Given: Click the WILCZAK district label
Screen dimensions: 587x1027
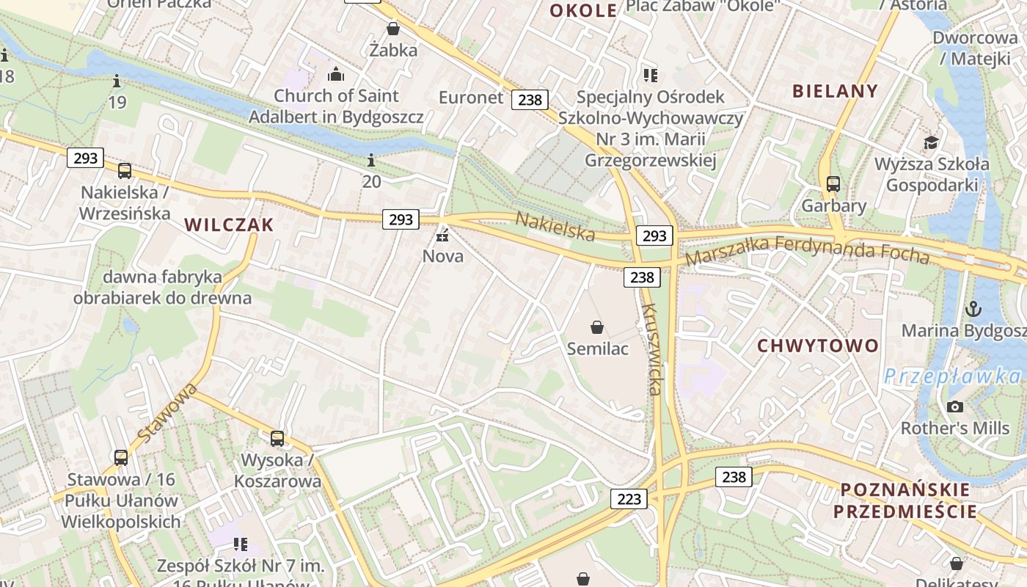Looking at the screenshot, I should [229, 225].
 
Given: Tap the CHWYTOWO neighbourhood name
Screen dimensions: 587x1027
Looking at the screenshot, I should [817, 346].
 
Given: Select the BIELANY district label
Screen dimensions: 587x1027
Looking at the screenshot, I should [835, 91].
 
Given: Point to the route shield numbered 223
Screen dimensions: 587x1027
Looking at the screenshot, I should [629, 499].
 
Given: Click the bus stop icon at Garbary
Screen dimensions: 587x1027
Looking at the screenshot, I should [833, 183].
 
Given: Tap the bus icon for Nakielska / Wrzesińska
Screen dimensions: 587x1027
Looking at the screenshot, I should [125, 171].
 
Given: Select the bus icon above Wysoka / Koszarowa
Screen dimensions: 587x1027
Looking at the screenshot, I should [277, 439].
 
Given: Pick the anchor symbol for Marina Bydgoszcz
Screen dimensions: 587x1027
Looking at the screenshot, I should [973, 308].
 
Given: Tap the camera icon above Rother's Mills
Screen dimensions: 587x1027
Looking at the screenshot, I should [954, 406].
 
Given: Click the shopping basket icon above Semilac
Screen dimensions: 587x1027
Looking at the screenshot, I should [597, 327].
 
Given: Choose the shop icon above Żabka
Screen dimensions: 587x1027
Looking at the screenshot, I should [393, 29].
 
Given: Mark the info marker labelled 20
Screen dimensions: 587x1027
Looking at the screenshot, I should [371, 160].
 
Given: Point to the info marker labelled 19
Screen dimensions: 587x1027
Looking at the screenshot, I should [117, 81].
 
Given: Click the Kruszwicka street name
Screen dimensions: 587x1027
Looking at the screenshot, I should [651, 349].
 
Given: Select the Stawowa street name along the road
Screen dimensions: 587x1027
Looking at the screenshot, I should [167, 412].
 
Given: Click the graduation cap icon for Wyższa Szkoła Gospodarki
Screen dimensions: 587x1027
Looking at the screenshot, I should [931, 142].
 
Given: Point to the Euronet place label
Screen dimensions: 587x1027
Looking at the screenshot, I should [471, 98].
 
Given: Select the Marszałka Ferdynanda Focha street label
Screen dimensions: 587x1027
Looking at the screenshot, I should [807, 250].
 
